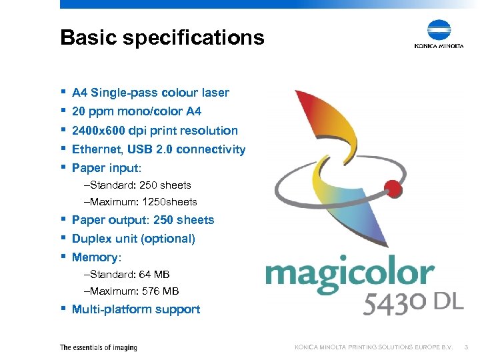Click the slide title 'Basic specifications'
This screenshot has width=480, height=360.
(162, 37)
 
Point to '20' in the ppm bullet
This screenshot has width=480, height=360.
(79, 111)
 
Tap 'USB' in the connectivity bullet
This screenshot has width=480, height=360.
(147, 149)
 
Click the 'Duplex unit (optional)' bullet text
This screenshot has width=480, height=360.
(133, 239)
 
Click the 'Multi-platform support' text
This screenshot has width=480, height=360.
(136, 309)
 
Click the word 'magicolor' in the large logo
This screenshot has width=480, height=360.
(349, 274)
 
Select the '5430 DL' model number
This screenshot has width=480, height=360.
(413, 303)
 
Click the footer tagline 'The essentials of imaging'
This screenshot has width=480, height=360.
(98, 347)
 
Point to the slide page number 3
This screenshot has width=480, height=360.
(467, 347)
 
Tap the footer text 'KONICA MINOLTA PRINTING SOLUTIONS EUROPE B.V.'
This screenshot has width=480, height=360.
(374, 347)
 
